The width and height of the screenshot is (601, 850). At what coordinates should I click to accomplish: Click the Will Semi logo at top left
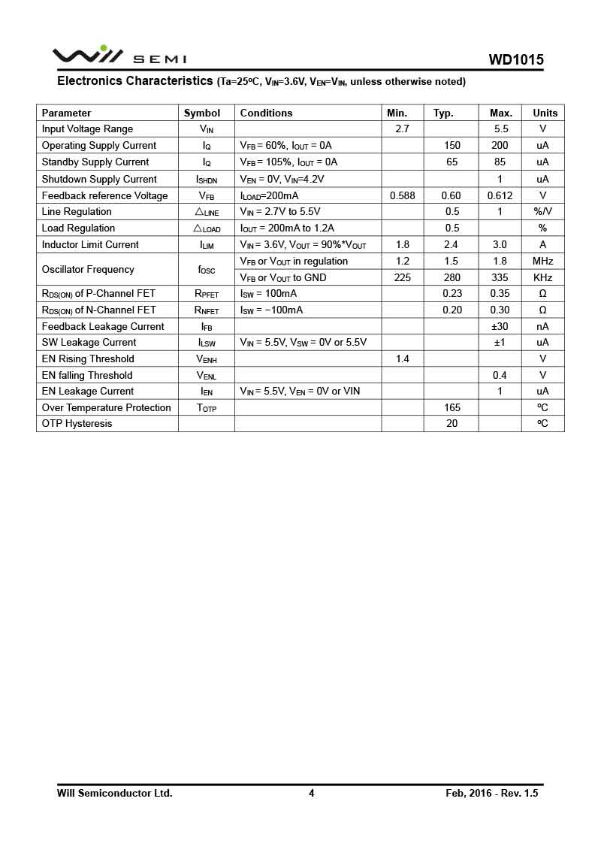119,56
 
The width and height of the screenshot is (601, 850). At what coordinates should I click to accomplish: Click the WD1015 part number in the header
515,60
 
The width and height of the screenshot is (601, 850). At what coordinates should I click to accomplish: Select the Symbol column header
202,113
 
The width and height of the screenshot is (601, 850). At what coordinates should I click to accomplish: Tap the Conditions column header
266,113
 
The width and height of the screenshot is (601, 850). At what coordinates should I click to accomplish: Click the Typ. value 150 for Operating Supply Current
452,145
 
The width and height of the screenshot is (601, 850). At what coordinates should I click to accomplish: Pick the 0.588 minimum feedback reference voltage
403,195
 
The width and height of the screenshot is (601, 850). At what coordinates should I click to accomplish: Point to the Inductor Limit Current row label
90,244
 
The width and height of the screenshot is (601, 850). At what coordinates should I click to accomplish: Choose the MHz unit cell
542,261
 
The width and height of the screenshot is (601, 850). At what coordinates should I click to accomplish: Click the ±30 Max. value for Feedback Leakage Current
500,326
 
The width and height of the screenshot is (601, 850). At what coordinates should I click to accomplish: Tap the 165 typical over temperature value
452,407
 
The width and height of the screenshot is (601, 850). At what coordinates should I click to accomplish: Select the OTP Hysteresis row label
77,423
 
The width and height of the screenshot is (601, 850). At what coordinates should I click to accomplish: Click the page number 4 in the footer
311,793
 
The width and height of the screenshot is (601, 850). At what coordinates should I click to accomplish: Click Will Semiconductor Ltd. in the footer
114,793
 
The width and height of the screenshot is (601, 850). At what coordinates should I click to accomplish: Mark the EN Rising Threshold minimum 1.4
402,358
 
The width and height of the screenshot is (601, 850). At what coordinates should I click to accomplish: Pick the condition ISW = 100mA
268,293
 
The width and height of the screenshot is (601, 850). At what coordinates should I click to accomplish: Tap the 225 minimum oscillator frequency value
402,277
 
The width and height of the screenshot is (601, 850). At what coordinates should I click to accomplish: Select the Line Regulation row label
77,211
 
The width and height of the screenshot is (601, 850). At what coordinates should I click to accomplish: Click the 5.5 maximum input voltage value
501,129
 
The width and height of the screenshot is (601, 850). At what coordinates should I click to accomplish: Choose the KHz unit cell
542,277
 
